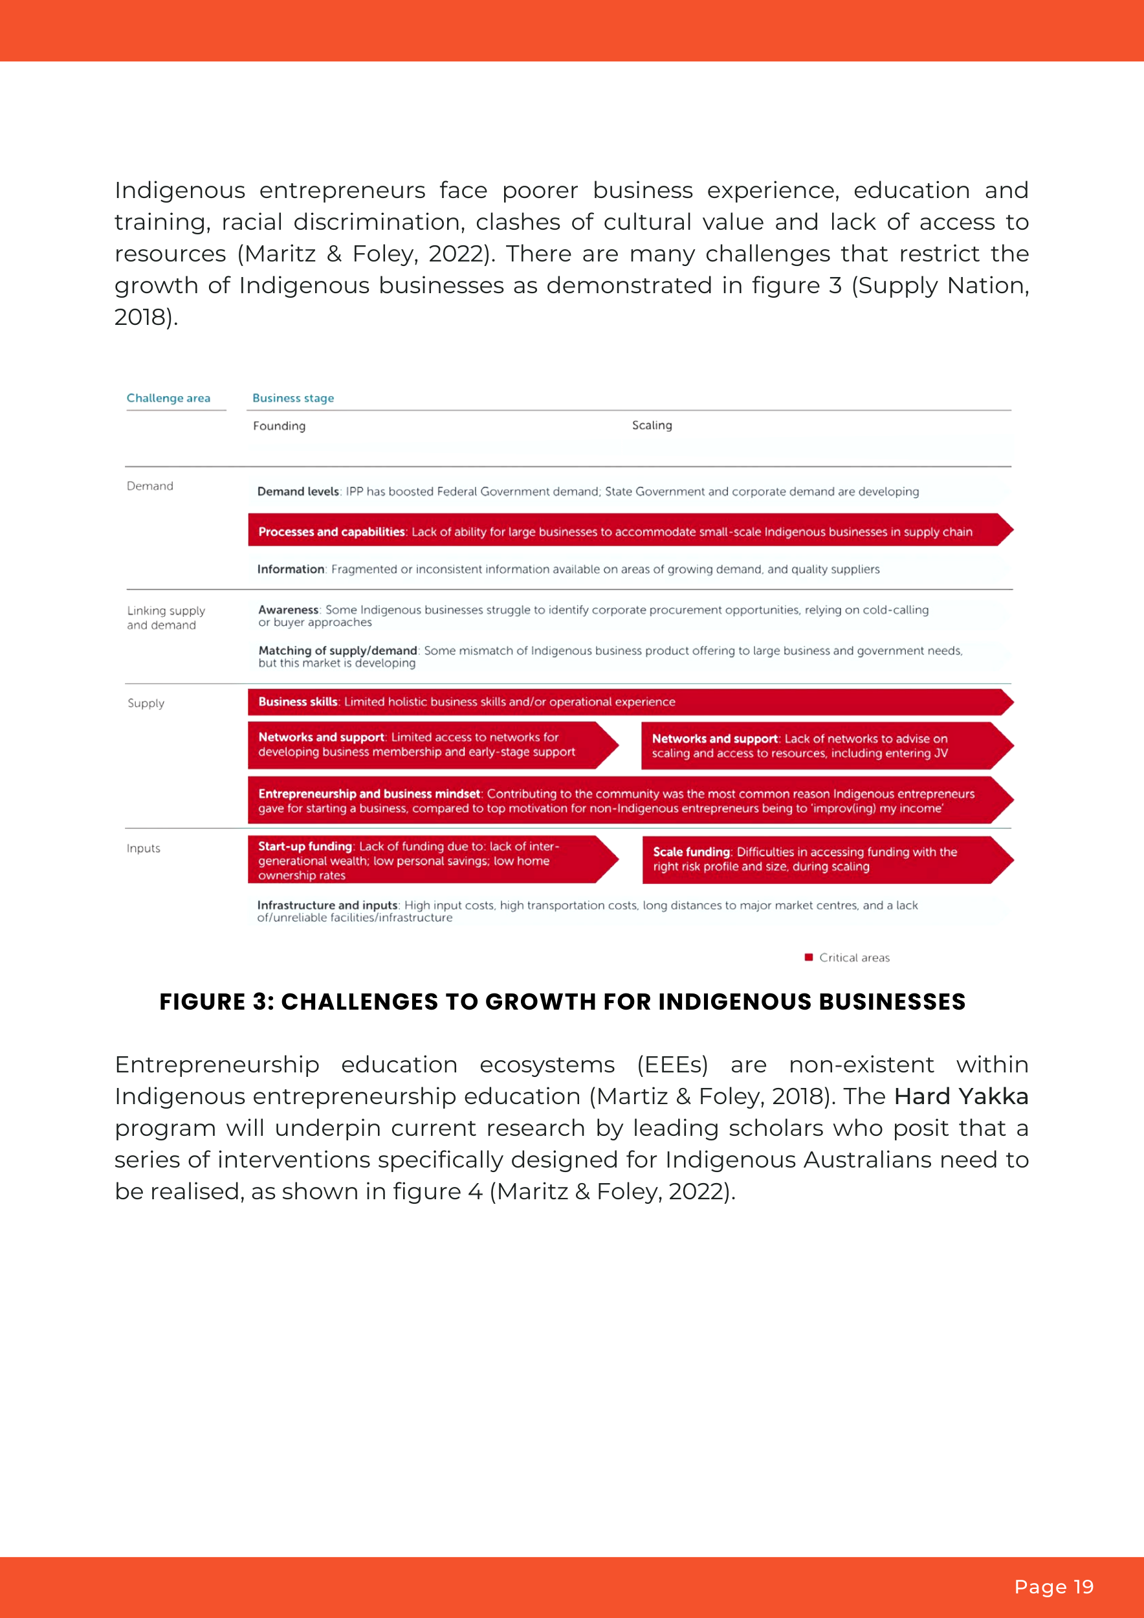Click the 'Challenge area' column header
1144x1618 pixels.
[168, 398]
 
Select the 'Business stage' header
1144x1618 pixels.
[293, 398]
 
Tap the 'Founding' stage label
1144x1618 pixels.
[279, 426]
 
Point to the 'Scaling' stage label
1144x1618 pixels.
[652, 425]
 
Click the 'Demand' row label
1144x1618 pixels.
[149, 486]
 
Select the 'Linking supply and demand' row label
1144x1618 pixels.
[166, 617]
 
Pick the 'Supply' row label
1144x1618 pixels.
[146, 704]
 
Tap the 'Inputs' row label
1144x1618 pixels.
[143, 848]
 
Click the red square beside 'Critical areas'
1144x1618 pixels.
[809, 957]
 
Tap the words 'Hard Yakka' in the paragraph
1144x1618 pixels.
[961, 1096]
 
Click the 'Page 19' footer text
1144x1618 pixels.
[1053, 1587]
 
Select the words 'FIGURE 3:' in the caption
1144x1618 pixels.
[217, 1001]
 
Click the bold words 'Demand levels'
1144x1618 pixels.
[298, 491]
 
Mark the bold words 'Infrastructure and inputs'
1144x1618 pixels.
[327, 905]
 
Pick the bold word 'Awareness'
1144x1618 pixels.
[288, 610]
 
